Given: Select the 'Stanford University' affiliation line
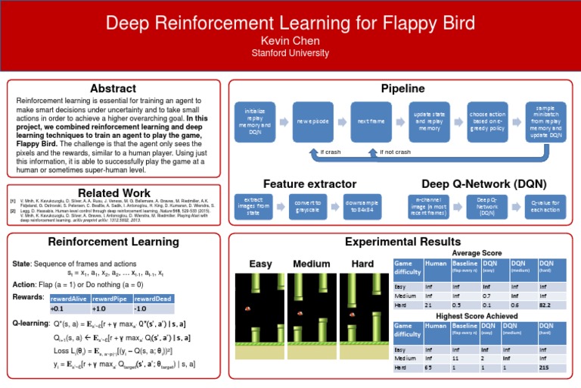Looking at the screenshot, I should [x=290, y=53].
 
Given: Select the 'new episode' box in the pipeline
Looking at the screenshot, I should [x=312, y=122].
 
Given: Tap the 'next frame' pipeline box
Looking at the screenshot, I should [x=370, y=122].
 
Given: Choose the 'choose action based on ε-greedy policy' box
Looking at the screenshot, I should [x=487, y=122].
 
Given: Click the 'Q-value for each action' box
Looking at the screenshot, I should [x=545, y=205].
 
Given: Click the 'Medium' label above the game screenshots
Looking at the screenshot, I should [x=311, y=264].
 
